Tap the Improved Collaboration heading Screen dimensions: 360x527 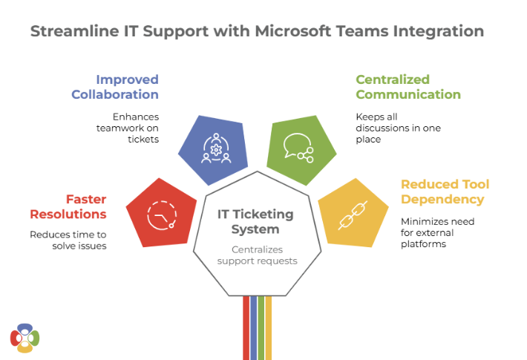click(x=115, y=87)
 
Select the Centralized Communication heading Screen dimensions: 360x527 click(x=407, y=87)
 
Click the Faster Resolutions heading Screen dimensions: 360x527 click(x=68, y=206)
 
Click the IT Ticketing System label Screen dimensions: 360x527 click(x=255, y=221)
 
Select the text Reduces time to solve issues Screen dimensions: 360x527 click(x=68, y=240)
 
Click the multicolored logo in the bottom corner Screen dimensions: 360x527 click(x=24, y=338)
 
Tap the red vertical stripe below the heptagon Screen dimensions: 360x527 click(x=246, y=327)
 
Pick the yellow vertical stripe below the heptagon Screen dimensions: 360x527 click(x=269, y=327)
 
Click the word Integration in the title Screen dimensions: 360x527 click(x=434, y=31)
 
